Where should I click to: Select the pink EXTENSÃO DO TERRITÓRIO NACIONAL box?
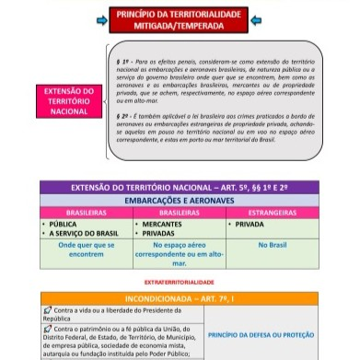pos(69,101)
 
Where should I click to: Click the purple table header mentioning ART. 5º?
pos(180,187)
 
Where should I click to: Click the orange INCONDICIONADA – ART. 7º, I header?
pos(180,299)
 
